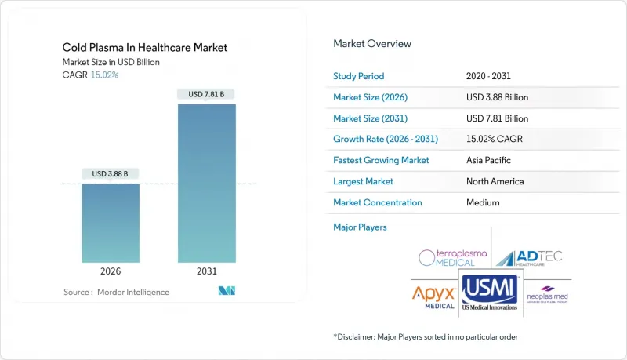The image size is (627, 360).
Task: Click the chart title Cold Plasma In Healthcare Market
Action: click(x=146, y=47)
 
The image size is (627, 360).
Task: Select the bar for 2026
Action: click(x=111, y=223)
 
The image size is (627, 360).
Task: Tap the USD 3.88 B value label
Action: click(x=111, y=173)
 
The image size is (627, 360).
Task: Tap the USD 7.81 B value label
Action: click(x=206, y=94)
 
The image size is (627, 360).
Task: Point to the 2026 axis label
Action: click(x=111, y=271)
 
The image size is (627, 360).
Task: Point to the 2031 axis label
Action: click(x=206, y=271)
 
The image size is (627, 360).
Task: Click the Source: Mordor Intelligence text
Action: click(x=116, y=292)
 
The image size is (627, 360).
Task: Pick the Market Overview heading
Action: click(x=371, y=44)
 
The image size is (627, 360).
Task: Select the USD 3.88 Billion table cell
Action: click(x=497, y=97)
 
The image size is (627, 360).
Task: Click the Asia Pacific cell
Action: click(x=488, y=160)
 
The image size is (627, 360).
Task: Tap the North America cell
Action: click(x=495, y=181)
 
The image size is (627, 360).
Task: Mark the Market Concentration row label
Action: click(x=378, y=202)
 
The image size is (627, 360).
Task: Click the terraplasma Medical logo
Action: click(x=454, y=257)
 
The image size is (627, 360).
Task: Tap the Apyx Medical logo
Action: click(x=433, y=296)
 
